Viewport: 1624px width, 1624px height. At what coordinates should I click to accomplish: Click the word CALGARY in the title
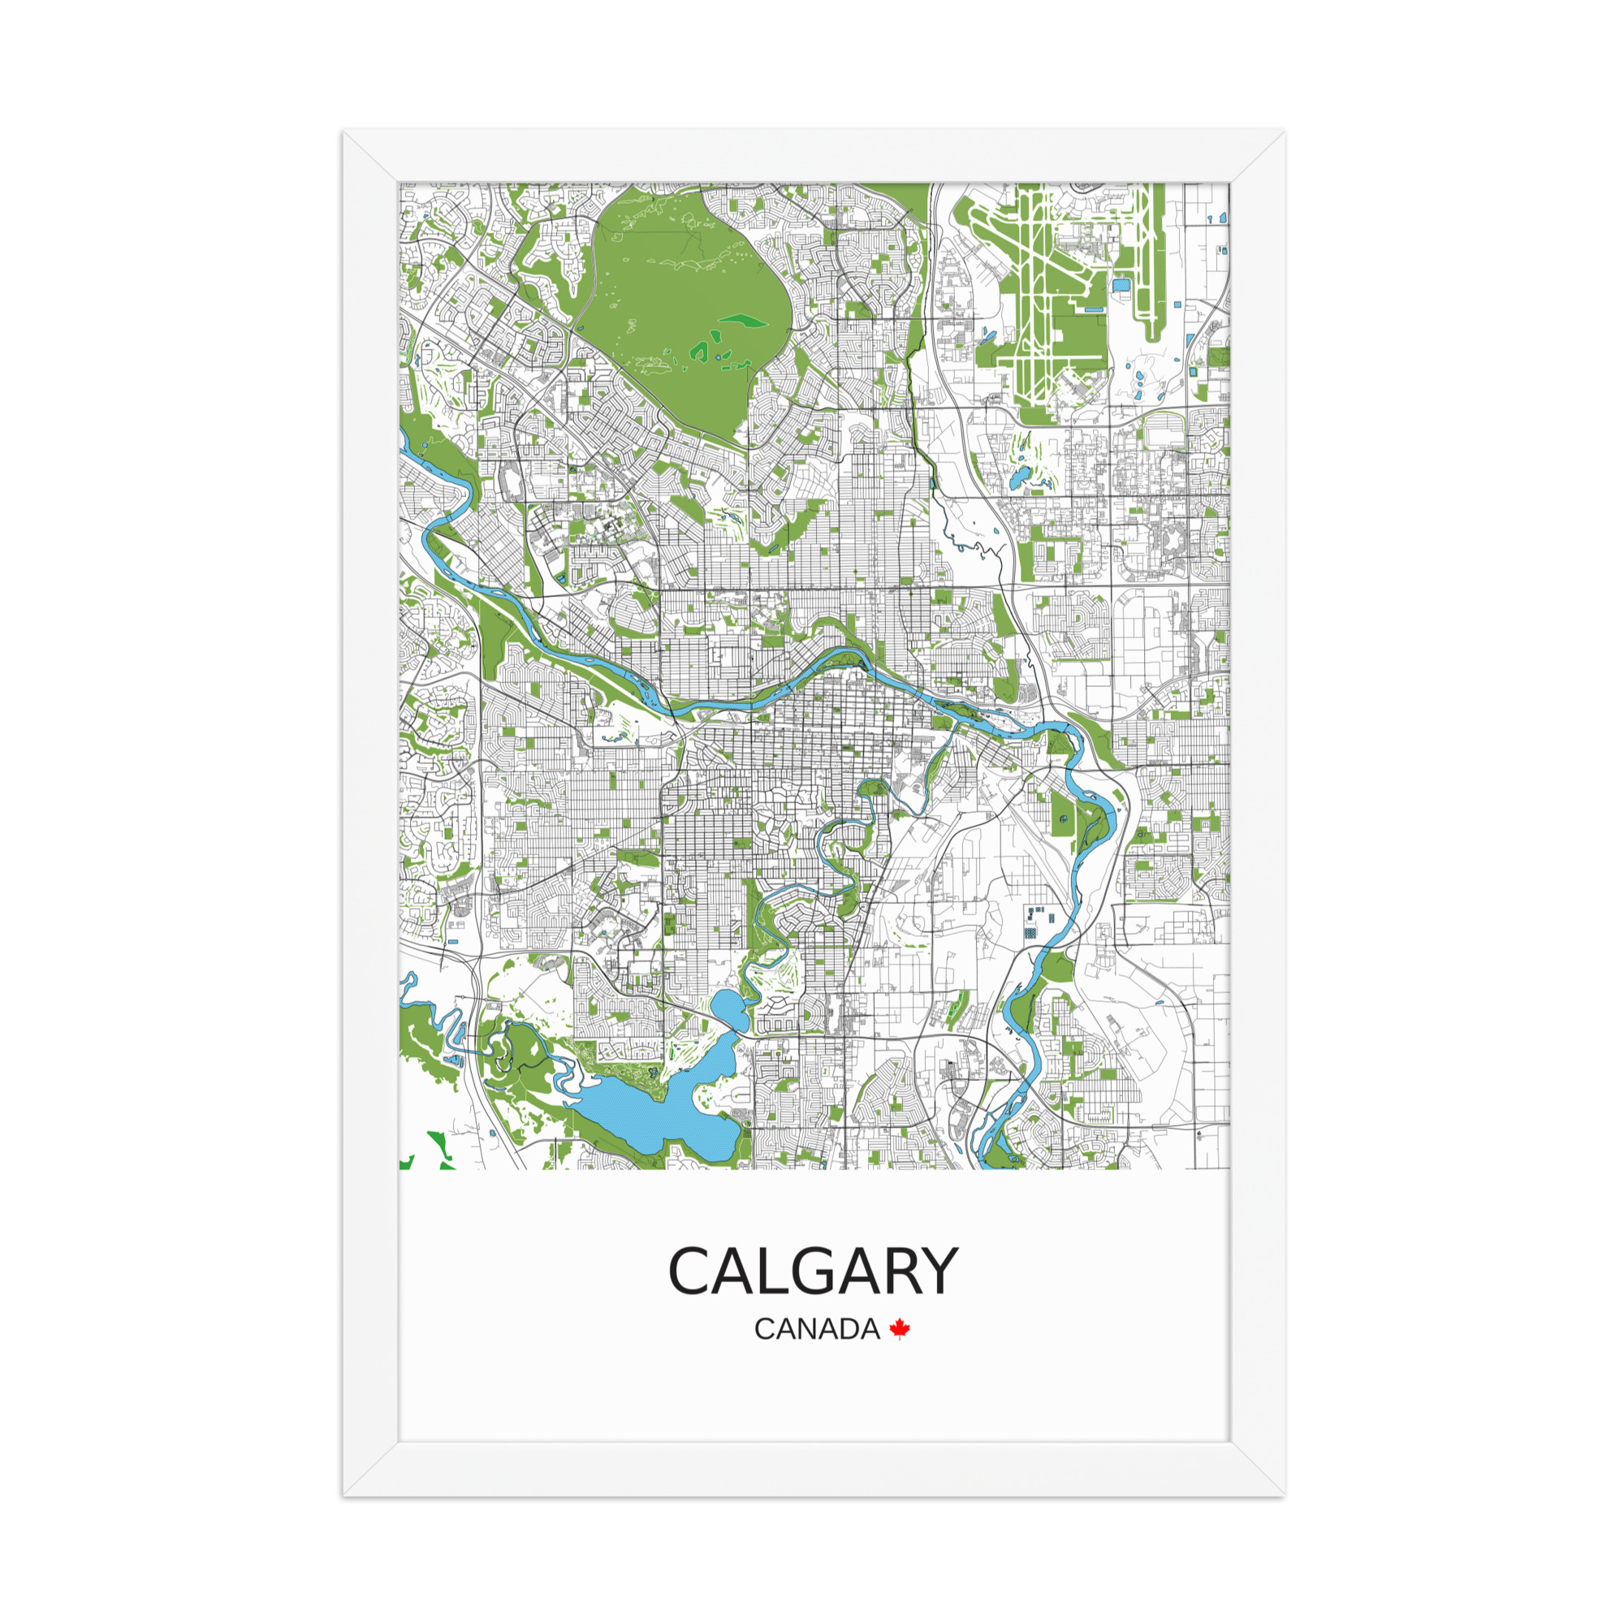point(812,1294)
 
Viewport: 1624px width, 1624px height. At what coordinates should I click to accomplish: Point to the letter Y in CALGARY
point(936,1294)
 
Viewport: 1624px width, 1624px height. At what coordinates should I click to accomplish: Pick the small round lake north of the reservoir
point(728,1008)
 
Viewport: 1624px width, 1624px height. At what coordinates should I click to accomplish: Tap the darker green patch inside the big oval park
point(743,320)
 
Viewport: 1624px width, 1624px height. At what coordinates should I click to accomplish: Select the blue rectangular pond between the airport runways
point(1121,286)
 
